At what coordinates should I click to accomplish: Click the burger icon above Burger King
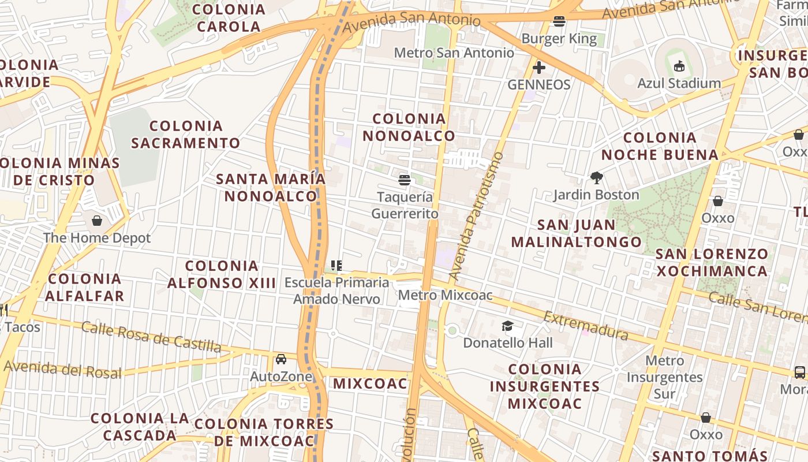(x=559, y=22)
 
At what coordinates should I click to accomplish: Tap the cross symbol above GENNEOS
(x=538, y=68)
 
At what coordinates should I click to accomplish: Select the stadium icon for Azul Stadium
(x=679, y=66)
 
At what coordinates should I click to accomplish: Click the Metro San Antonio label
(x=454, y=53)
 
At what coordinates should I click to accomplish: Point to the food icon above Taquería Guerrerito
(x=404, y=180)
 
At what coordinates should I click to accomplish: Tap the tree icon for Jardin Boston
(x=596, y=178)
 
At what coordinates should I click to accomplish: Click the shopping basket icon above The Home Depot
(x=96, y=221)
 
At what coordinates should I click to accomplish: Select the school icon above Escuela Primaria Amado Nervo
(x=336, y=266)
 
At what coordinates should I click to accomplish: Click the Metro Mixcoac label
(x=446, y=296)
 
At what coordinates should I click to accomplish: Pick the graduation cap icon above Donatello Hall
(x=507, y=326)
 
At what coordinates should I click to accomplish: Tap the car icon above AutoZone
(x=281, y=359)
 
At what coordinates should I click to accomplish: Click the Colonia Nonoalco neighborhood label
(x=409, y=127)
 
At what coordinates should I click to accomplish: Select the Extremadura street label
(x=585, y=326)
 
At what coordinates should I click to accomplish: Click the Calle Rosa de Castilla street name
(x=151, y=337)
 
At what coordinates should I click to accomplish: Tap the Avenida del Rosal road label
(x=63, y=369)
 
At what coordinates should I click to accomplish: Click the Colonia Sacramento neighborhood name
(x=186, y=134)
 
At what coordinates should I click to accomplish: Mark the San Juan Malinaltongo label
(x=576, y=233)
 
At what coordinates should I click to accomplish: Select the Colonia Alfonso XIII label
(x=222, y=274)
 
